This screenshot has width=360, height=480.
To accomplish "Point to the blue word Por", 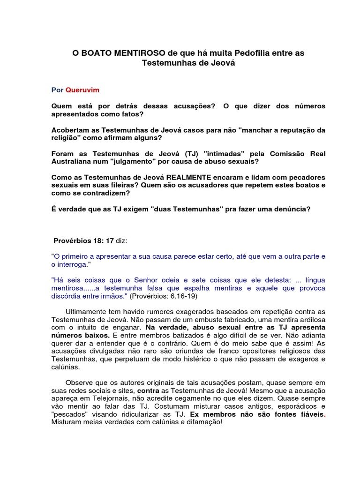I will [57, 89].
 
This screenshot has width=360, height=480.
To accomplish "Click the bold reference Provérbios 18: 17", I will [84, 240].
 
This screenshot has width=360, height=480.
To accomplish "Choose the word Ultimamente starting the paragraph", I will [86, 312].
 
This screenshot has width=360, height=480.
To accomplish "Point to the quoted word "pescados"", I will [69, 414].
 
